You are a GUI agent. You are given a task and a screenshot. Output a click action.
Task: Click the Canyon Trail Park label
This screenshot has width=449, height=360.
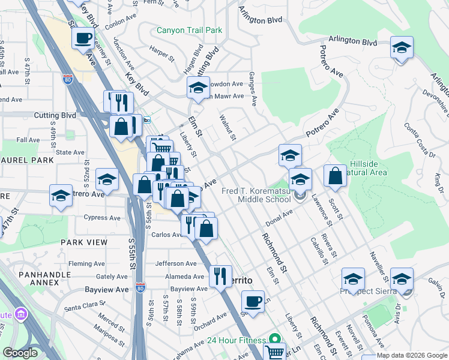click(189, 30)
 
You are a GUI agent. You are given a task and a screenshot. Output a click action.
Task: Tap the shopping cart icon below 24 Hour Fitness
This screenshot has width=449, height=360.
click(274, 352)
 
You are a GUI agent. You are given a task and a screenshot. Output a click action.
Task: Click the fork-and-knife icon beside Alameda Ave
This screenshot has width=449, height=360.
click(221, 276)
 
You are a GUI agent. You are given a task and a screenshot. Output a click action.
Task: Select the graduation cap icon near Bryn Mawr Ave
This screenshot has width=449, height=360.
click(197, 88)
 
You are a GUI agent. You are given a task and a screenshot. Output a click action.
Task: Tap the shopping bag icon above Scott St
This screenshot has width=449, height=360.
click(336, 175)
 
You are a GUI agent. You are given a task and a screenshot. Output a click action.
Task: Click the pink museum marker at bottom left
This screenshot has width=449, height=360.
click(22, 314)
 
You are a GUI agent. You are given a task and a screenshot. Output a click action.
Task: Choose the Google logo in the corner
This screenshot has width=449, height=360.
click(20, 353)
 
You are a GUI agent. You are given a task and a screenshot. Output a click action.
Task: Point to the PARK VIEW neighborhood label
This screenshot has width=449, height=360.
click(83, 242)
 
